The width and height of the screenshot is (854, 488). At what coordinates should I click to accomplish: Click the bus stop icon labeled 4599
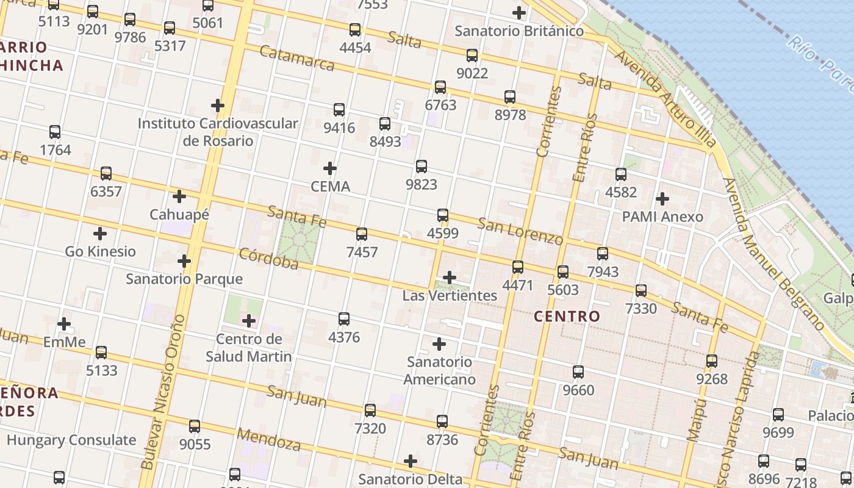pyautogui.click(x=443, y=215)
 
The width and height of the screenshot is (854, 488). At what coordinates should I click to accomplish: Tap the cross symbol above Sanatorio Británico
pyautogui.click(x=519, y=12)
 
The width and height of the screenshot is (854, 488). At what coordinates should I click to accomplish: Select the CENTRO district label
pyautogui.click(x=567, y=316)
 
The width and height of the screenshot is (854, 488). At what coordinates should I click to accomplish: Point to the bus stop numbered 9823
pyautogui.click(x=422, y=166)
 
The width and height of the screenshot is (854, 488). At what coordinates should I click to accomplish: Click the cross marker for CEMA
pyautogui.click(x=330, y=168)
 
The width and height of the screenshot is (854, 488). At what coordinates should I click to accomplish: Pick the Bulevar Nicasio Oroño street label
pyautogui.click(x=163, y=392)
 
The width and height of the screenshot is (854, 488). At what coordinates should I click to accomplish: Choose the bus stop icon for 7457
pyautogui.click(x=362, y=234)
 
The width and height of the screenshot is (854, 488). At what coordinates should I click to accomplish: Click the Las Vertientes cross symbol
pyautogui.click(x=450, y=278)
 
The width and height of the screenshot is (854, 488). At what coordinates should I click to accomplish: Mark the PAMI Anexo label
pyautogui.click(x=662, y=217)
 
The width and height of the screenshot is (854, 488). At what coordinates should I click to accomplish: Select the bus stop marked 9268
pyautogui.click(x=712, y=361)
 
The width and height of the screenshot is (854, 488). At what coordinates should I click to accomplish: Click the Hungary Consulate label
pyautogui.click(x=71, y=440)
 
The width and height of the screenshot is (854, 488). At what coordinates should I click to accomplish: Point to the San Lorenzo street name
pyautogui.click(x=520, y=231)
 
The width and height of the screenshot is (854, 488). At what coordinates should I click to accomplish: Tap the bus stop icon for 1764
pyautogui.click(x=55, y=132)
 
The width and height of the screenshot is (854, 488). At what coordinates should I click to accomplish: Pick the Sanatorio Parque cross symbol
pyautogui.click(x=184, y=261)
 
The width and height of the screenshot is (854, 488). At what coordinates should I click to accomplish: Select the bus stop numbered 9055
pyautogui.click(x=195, y=426)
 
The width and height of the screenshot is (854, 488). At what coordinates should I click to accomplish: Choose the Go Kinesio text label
pyautogui.click(x=101, y=251)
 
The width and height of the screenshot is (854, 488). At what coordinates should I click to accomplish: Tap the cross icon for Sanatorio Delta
pyautogui.click(x=411, y=461)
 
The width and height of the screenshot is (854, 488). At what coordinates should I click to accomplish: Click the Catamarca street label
pyautogui.click(x=297, y=58)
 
